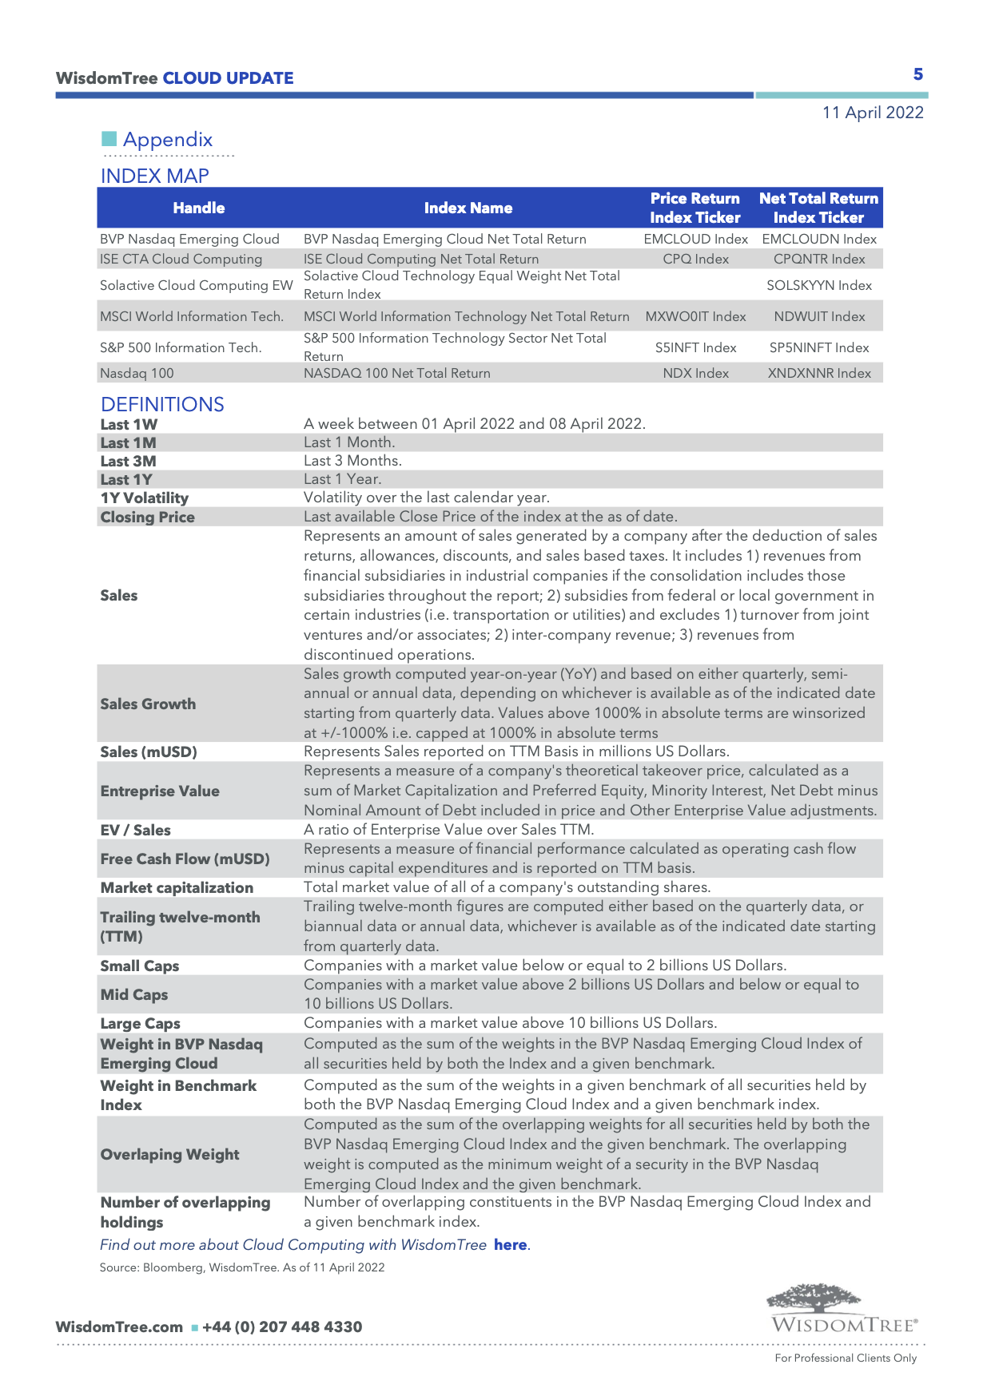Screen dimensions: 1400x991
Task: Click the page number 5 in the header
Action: coord(918,74)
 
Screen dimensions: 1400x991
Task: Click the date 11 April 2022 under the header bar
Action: coord(873,113)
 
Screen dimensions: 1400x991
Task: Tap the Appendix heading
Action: coord(167,140)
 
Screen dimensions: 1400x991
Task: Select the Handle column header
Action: coord(199,208)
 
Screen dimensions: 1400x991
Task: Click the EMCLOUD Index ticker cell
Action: coord(695,239)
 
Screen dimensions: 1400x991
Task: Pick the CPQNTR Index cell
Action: coord(819,259)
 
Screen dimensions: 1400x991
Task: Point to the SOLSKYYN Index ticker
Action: coord(819,285)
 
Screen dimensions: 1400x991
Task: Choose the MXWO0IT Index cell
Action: coord(695,316)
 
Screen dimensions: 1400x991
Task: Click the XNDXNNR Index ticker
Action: coord(819,373)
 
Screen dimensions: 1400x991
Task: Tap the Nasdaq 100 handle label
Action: coord(137,373)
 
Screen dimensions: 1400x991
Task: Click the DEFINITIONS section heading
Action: coord(162,404)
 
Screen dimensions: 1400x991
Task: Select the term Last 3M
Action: coord(128,461)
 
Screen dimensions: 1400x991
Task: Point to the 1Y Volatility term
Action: coord(145,498)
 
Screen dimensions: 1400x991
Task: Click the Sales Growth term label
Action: coord(148,704)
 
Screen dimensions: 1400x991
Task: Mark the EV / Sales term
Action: coord(135,830)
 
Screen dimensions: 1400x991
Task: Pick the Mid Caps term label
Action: coord(134,994)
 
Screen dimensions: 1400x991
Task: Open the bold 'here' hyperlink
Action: coord(510,1244)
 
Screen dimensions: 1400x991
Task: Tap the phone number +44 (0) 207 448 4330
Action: coord(282,1327)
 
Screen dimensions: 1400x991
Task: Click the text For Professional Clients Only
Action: coord(846,1358)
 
